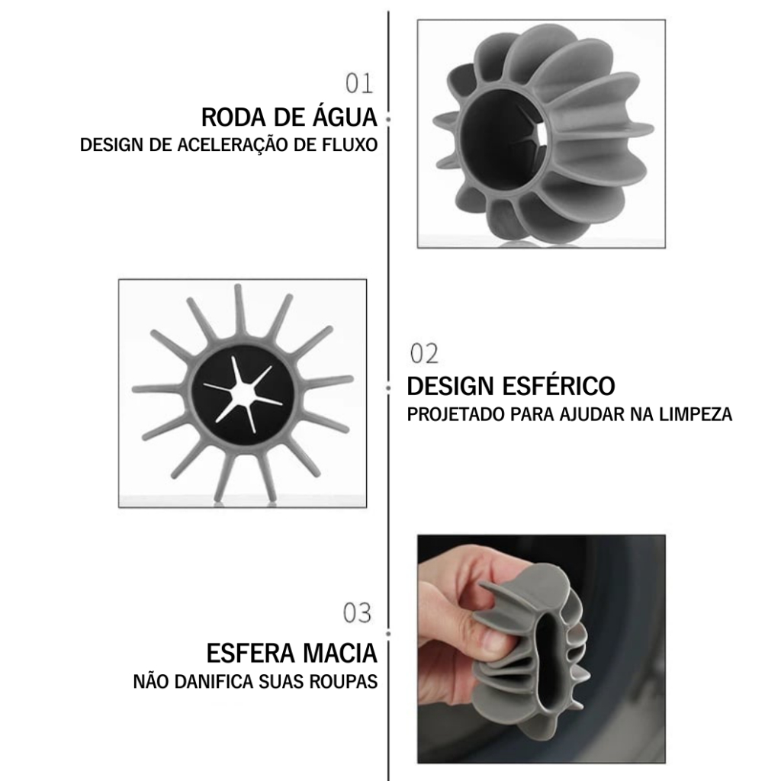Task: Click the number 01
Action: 360,83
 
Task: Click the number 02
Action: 424,354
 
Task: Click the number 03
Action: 357,613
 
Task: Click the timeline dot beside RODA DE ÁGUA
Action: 388,120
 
